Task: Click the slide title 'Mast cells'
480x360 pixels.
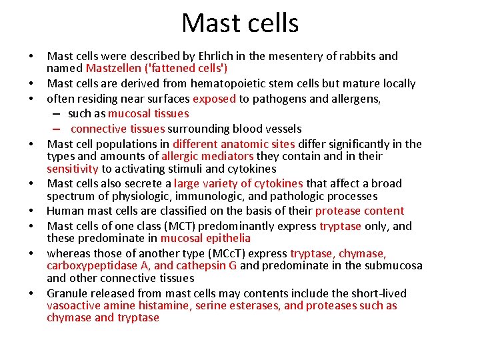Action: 240,23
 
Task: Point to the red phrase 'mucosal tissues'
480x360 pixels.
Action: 148,113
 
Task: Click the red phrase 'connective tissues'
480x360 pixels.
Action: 117,129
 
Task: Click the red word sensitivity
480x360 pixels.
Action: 72,169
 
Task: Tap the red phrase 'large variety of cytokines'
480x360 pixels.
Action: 238,183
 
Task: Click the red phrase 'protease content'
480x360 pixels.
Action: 359,211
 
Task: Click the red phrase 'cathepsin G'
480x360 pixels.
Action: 206,265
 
